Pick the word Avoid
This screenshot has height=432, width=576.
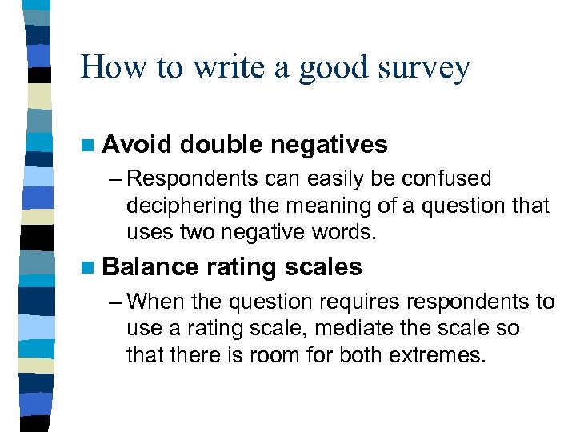tap(138, 145)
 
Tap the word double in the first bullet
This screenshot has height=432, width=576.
tap(221, 145)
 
